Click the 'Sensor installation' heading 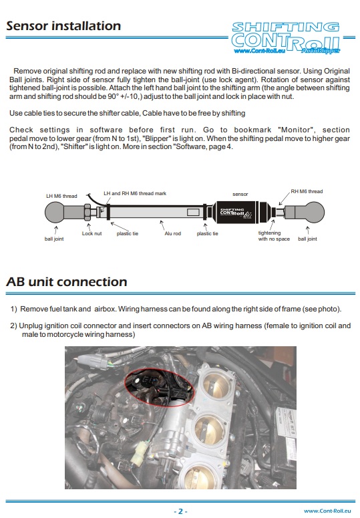63,26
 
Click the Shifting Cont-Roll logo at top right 286,37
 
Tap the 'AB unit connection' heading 67,282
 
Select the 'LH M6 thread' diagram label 61,196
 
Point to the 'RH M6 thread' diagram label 307,191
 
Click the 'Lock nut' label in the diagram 92,233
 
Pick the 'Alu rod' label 173,233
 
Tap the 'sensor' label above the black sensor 240,195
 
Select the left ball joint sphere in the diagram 55,212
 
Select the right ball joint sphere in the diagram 313,212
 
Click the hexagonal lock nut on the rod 87,212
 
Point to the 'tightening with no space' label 274,236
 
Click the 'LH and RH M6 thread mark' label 135,193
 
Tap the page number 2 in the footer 180,511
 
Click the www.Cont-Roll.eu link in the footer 327,511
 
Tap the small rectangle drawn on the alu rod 193,212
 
